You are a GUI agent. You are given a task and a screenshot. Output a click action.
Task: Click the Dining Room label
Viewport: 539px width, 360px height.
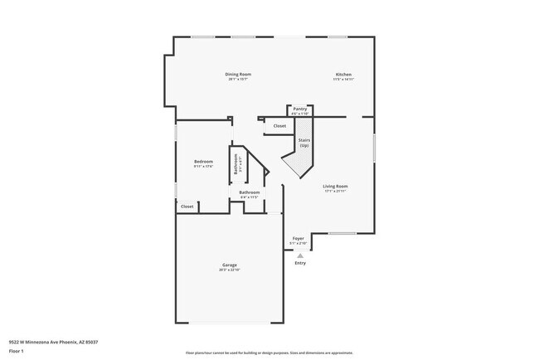tap(238, 74)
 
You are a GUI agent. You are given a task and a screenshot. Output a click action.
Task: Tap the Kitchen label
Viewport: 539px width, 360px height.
tap(344, 74)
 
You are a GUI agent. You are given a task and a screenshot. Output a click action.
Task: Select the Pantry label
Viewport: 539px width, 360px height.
tap(299, 109)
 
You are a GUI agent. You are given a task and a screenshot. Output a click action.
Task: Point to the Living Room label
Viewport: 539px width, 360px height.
tap(335, 186)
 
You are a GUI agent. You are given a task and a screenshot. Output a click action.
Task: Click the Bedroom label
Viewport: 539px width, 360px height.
tap(203, 161)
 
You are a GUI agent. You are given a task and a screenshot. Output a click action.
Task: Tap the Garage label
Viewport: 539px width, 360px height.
tap(229, 265)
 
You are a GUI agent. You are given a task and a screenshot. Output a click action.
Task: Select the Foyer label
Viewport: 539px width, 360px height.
tap(299, 238)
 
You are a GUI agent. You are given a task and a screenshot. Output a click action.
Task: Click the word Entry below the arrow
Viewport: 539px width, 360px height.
tap(300, 263)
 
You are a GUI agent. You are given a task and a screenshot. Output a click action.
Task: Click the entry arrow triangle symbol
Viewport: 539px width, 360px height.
tap(300, 255)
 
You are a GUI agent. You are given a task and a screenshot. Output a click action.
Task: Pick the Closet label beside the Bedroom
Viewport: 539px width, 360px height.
tap(187, 206)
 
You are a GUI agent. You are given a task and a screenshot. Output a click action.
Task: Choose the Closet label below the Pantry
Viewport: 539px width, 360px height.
tap(279, 126)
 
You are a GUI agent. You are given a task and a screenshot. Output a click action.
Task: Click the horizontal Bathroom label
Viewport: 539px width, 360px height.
tap(250, 192)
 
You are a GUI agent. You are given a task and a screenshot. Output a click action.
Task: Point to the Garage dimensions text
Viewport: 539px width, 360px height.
tap(229, 270)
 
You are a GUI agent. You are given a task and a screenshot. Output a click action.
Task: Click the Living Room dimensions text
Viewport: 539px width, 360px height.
tap(335, 192)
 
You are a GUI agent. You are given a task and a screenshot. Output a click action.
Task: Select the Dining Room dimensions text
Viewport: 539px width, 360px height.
tap(238, 80)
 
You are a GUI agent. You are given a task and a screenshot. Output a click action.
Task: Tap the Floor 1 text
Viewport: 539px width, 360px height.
tap(17, 351)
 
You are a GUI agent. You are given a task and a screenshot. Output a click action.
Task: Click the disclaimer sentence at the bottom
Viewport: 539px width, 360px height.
tap(269, 352)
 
